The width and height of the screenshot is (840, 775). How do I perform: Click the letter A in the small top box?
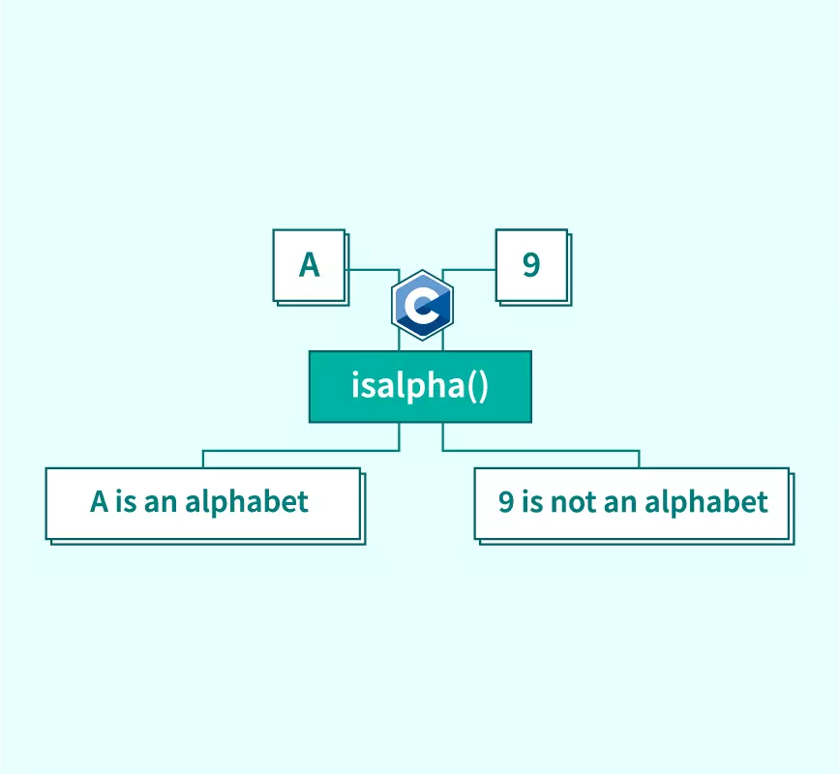click(309, 264)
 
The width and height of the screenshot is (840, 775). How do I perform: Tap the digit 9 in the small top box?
click(531, 264)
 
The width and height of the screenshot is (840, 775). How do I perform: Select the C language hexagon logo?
click(422, 305)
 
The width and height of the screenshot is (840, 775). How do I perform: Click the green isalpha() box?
click(421, 387)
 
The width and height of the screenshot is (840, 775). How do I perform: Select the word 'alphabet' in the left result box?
click(247, 502)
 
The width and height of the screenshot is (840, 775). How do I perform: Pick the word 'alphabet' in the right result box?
click(706, 502)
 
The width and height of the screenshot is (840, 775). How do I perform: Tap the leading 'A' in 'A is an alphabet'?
click(99, 502)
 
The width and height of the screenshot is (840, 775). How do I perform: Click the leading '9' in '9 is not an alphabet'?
click(506, 502)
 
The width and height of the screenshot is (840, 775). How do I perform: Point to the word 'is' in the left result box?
click(126, 502)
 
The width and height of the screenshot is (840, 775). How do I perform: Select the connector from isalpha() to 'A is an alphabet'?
click(301, 451)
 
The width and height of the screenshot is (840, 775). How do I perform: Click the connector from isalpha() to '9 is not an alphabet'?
click(541, 451)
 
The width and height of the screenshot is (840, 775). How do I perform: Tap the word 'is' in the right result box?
click(532, 502)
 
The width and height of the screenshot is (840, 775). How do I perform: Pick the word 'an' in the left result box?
click(161, 504)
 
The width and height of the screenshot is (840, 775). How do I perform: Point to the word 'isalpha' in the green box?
click(407, 386)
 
